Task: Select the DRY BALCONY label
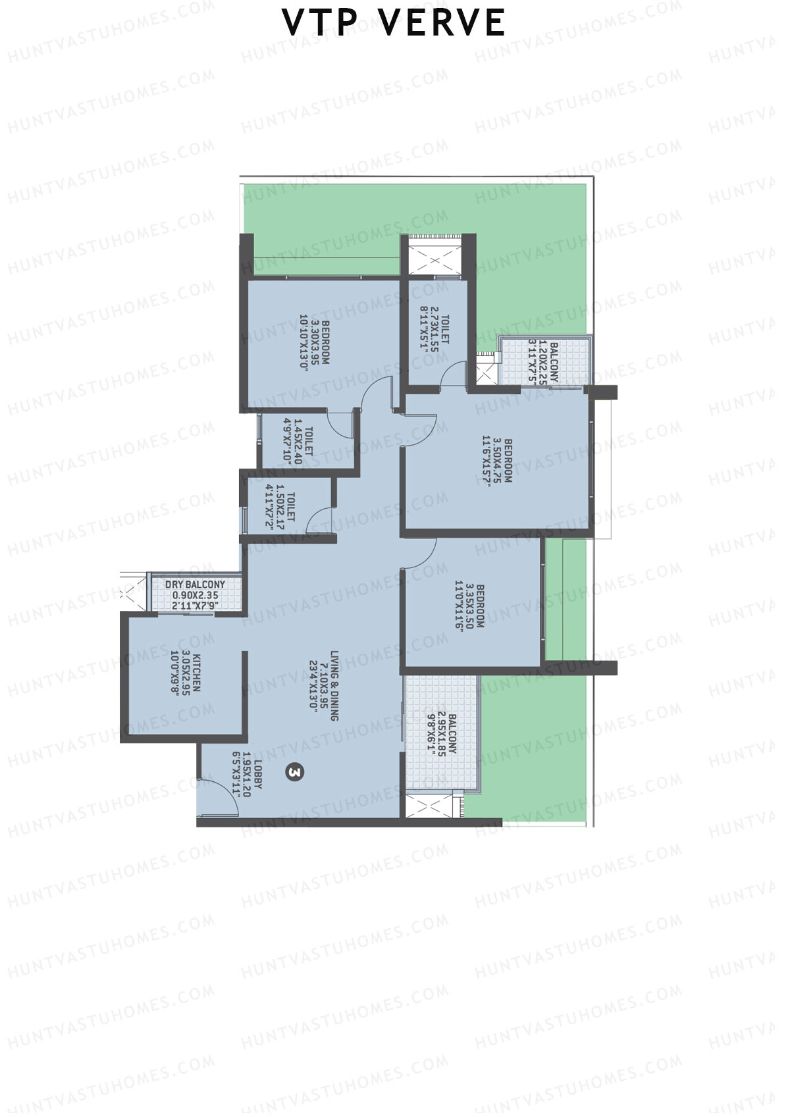point(195,584)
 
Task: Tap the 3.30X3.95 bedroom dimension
point(315,342)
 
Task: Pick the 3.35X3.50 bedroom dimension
point(469,606)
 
